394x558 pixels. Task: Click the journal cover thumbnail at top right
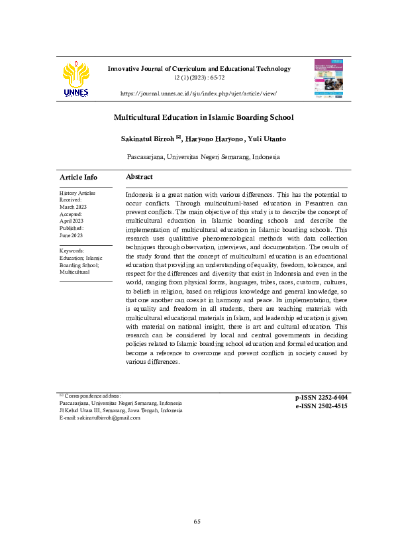[x=328, y=79]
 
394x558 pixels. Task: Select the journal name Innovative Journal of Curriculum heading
[x=199, y=68]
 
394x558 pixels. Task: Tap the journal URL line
[x=198, y=94]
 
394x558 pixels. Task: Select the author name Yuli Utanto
[x=268, y=139]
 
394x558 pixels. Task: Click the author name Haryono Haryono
[x=213, y=139]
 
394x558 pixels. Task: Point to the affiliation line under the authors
[x=203, y=157]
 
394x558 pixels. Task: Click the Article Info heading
[x=78, y=177]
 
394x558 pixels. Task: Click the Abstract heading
[x=139, y=177]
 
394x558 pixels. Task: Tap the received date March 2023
[x=73, y=207]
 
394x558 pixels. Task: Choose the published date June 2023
[x=71, y=235]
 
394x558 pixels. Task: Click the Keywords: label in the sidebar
[x=72, y=251]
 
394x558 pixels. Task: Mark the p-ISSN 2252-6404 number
[x=321, y=397]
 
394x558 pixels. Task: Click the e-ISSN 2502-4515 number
[x=321, y=406]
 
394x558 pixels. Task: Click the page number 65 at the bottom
[x=197, y=522]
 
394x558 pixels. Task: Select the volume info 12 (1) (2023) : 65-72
[x=199, y=78]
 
